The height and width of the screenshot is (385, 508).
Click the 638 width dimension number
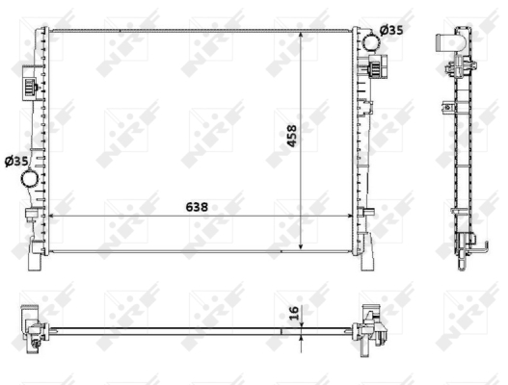coord(197,207)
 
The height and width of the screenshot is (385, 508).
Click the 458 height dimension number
coord(292,136)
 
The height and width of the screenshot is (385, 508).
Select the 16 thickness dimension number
coord(294,313)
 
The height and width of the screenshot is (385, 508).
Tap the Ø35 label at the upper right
coord(391,31)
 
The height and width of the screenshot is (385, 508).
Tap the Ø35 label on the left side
coord(16,161)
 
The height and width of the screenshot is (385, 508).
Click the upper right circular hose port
coord(371,42)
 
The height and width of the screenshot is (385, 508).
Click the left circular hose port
coord(30,179)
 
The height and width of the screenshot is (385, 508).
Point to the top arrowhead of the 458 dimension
coord(301,35)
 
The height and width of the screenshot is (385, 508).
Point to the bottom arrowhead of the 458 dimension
coord(301,246)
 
